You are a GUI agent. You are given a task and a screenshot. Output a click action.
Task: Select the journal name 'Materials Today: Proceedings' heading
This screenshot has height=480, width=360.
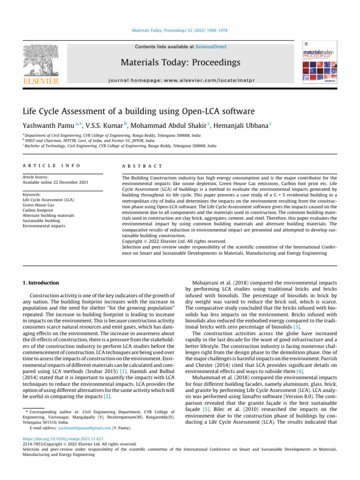coord(180,62)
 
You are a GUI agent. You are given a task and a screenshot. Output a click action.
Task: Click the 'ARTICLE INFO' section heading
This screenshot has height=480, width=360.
coord(51,165)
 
